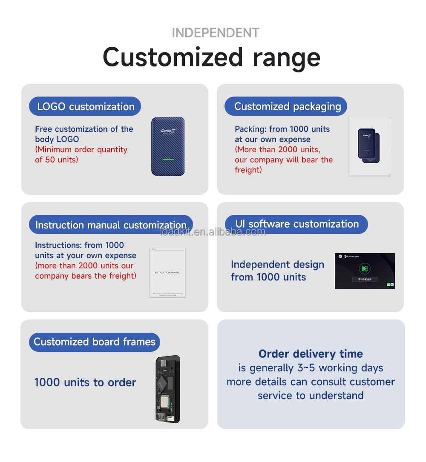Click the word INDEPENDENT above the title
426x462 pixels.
coord(215,33)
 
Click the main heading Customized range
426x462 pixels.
coord(211,57)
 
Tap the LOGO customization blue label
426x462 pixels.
coord(85,106)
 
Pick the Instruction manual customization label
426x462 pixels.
coord(111,225)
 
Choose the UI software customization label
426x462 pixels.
coord(297,224)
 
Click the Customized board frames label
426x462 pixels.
coord(95,342)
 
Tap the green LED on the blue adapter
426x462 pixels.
coord(168,160)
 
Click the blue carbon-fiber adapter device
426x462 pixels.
coord(168,146)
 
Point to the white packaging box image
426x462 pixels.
coord(369,146)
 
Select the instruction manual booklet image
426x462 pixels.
coord(167,272)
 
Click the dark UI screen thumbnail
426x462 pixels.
coord(365,271)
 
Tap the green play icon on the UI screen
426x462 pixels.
coord(364,268)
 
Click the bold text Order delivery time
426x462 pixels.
coord(311,354)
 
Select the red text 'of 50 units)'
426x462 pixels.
coord(57,160)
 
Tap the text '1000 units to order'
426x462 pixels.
coord(85,382)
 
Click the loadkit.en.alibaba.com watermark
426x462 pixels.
coord(213,232)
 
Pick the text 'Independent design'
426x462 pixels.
coord(277,265)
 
